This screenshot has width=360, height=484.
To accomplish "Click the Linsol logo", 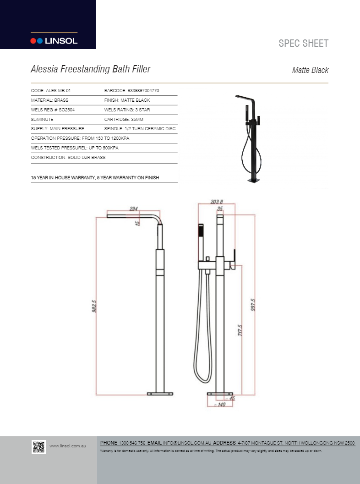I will pyautogui.click(x=54, y=41).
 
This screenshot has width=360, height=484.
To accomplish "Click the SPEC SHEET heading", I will pyautogui.click(x=303, y=44).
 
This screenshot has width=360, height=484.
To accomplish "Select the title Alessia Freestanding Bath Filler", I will pyautogui.click(x=90, y=69).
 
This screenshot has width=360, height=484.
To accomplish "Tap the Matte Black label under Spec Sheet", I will pyautogui.click(x=310, y=70).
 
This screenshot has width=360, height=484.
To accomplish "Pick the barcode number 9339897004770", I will pyautogui.click(x=131, y=91).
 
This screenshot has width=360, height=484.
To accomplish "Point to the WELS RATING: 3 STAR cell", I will pyautogui.click(x=127, y=110).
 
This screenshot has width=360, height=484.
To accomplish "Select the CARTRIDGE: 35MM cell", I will pyautogui.click(x=124, y=120).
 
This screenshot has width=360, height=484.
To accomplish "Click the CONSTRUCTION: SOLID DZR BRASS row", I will pyautogui.click(x=68, y=158).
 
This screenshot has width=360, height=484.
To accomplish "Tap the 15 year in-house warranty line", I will pyautogui.click(x=95, y=177).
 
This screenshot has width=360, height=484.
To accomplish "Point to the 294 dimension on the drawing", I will pyautogui.click(x=133, y=209).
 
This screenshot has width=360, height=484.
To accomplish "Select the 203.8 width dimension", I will pyautogui.click(x=217, y=202).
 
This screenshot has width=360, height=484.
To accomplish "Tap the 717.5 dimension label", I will pyautogui.click(x=240, y=330).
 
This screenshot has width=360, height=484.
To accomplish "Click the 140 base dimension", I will pyautogui.click(x=221, y=405).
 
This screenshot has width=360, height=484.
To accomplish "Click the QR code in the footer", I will pyautogui.click(x=38, y=446).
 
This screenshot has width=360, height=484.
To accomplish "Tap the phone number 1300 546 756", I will pyautogui.click(x=132, y=443).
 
